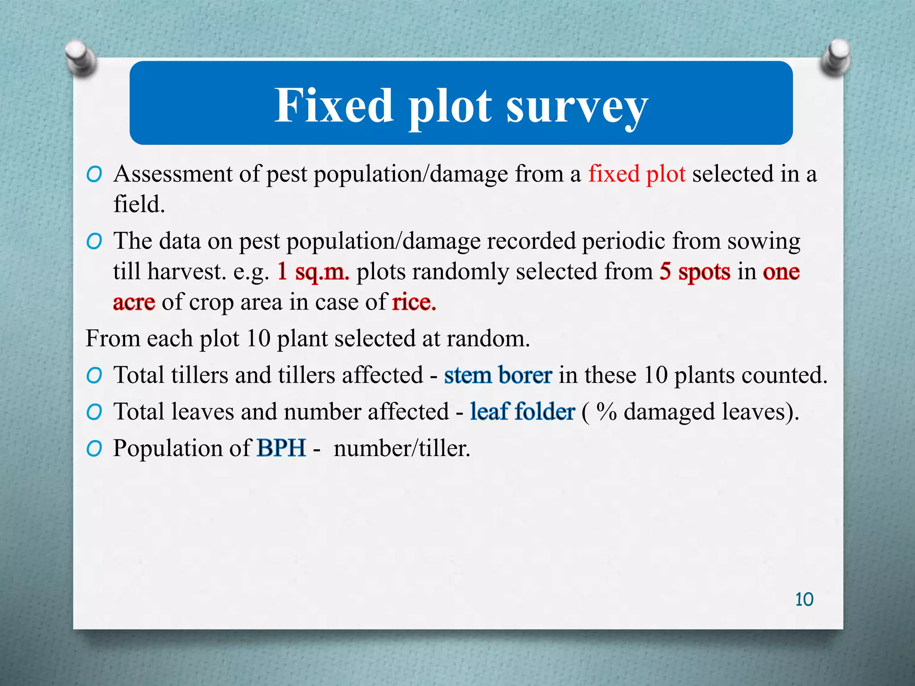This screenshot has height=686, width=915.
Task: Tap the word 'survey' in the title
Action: tap(577, 107)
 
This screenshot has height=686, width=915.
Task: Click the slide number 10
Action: tap(804, 599)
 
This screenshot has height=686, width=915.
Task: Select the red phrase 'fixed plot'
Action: tap(637, 174)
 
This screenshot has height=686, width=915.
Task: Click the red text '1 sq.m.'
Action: tap(313, 272)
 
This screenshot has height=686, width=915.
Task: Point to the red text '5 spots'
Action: tap(695, 272)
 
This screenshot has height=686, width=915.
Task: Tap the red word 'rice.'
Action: tap(414, 302)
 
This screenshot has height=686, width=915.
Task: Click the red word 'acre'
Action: tap(134, 302)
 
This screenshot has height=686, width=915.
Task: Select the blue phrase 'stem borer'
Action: tap(498, 375)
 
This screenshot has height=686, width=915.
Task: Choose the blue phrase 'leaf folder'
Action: tap(522, 411)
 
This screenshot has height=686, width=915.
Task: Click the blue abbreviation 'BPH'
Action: tap(281, 448)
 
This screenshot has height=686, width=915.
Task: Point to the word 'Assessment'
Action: tap(173, 174)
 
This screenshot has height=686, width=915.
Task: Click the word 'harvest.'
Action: tap(187, 272)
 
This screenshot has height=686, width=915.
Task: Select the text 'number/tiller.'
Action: tap(402, 448)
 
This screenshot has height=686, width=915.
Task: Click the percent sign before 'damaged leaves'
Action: tap(606, 411)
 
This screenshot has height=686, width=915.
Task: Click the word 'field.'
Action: tap(139, 205)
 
